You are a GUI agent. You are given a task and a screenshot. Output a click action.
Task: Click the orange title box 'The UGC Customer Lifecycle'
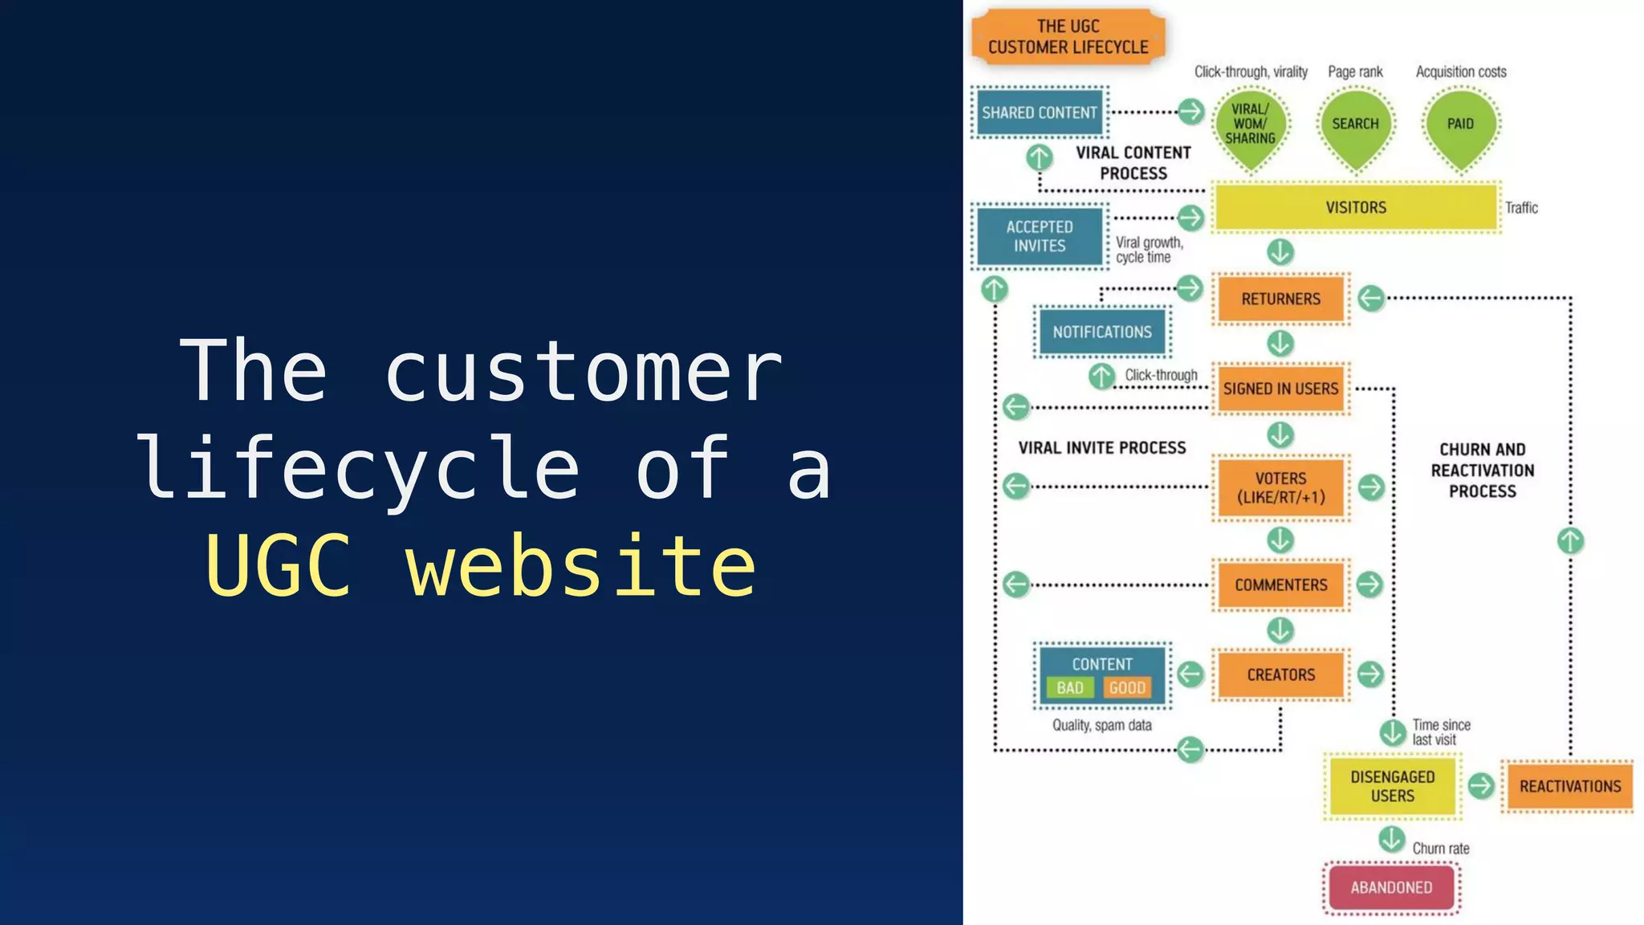[1068, 37]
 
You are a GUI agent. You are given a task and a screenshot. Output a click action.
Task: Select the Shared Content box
[1040, 112]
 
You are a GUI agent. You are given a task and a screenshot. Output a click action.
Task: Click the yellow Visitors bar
[1356, 207]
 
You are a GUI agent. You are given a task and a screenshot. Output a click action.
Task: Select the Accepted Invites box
[1040, 236]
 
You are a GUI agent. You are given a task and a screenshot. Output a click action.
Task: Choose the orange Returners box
[1280, 299]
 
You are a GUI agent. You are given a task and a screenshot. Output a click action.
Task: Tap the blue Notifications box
[1102, 332]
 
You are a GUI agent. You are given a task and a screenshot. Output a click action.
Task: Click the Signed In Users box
[1280, 389]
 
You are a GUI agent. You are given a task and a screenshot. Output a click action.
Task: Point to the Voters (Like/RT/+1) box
[1280, 487]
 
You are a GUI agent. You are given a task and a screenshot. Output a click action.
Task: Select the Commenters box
[1280, 585]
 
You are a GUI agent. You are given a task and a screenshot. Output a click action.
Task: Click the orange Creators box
[1280, 674]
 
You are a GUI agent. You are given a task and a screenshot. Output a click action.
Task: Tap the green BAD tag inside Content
[1069, 688]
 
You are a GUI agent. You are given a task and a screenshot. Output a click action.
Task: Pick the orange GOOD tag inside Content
[1127, 688]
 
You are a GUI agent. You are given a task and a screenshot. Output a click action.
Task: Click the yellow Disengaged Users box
[1392, 786]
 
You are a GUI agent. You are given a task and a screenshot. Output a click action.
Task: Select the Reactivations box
[1569, 786]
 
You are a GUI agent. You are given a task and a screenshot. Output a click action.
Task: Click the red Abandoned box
[1391, 887]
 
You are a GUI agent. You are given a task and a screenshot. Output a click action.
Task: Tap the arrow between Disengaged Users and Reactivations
[1481, 785]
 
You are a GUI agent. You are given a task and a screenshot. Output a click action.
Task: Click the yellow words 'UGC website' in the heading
[480, 566]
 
